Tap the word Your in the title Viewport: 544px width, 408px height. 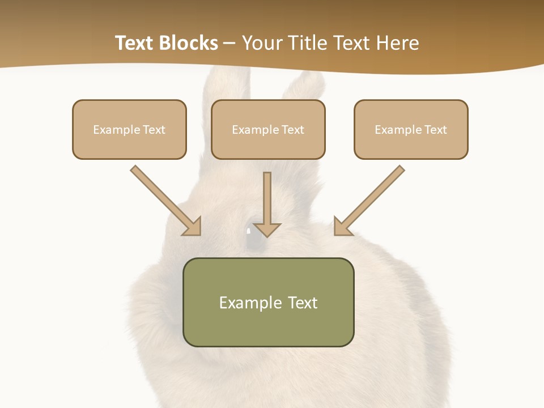[263, 43]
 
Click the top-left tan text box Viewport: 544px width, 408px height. [129, 129]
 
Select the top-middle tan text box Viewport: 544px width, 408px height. [268, 129]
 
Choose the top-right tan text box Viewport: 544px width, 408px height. [411, 129]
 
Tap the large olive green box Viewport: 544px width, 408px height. [268, 302]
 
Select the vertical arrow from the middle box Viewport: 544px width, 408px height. [267, 204]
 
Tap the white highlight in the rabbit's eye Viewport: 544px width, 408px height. [248, 231]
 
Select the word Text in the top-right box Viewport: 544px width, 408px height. [436, 130]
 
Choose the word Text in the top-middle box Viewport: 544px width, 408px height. [293, 130]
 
